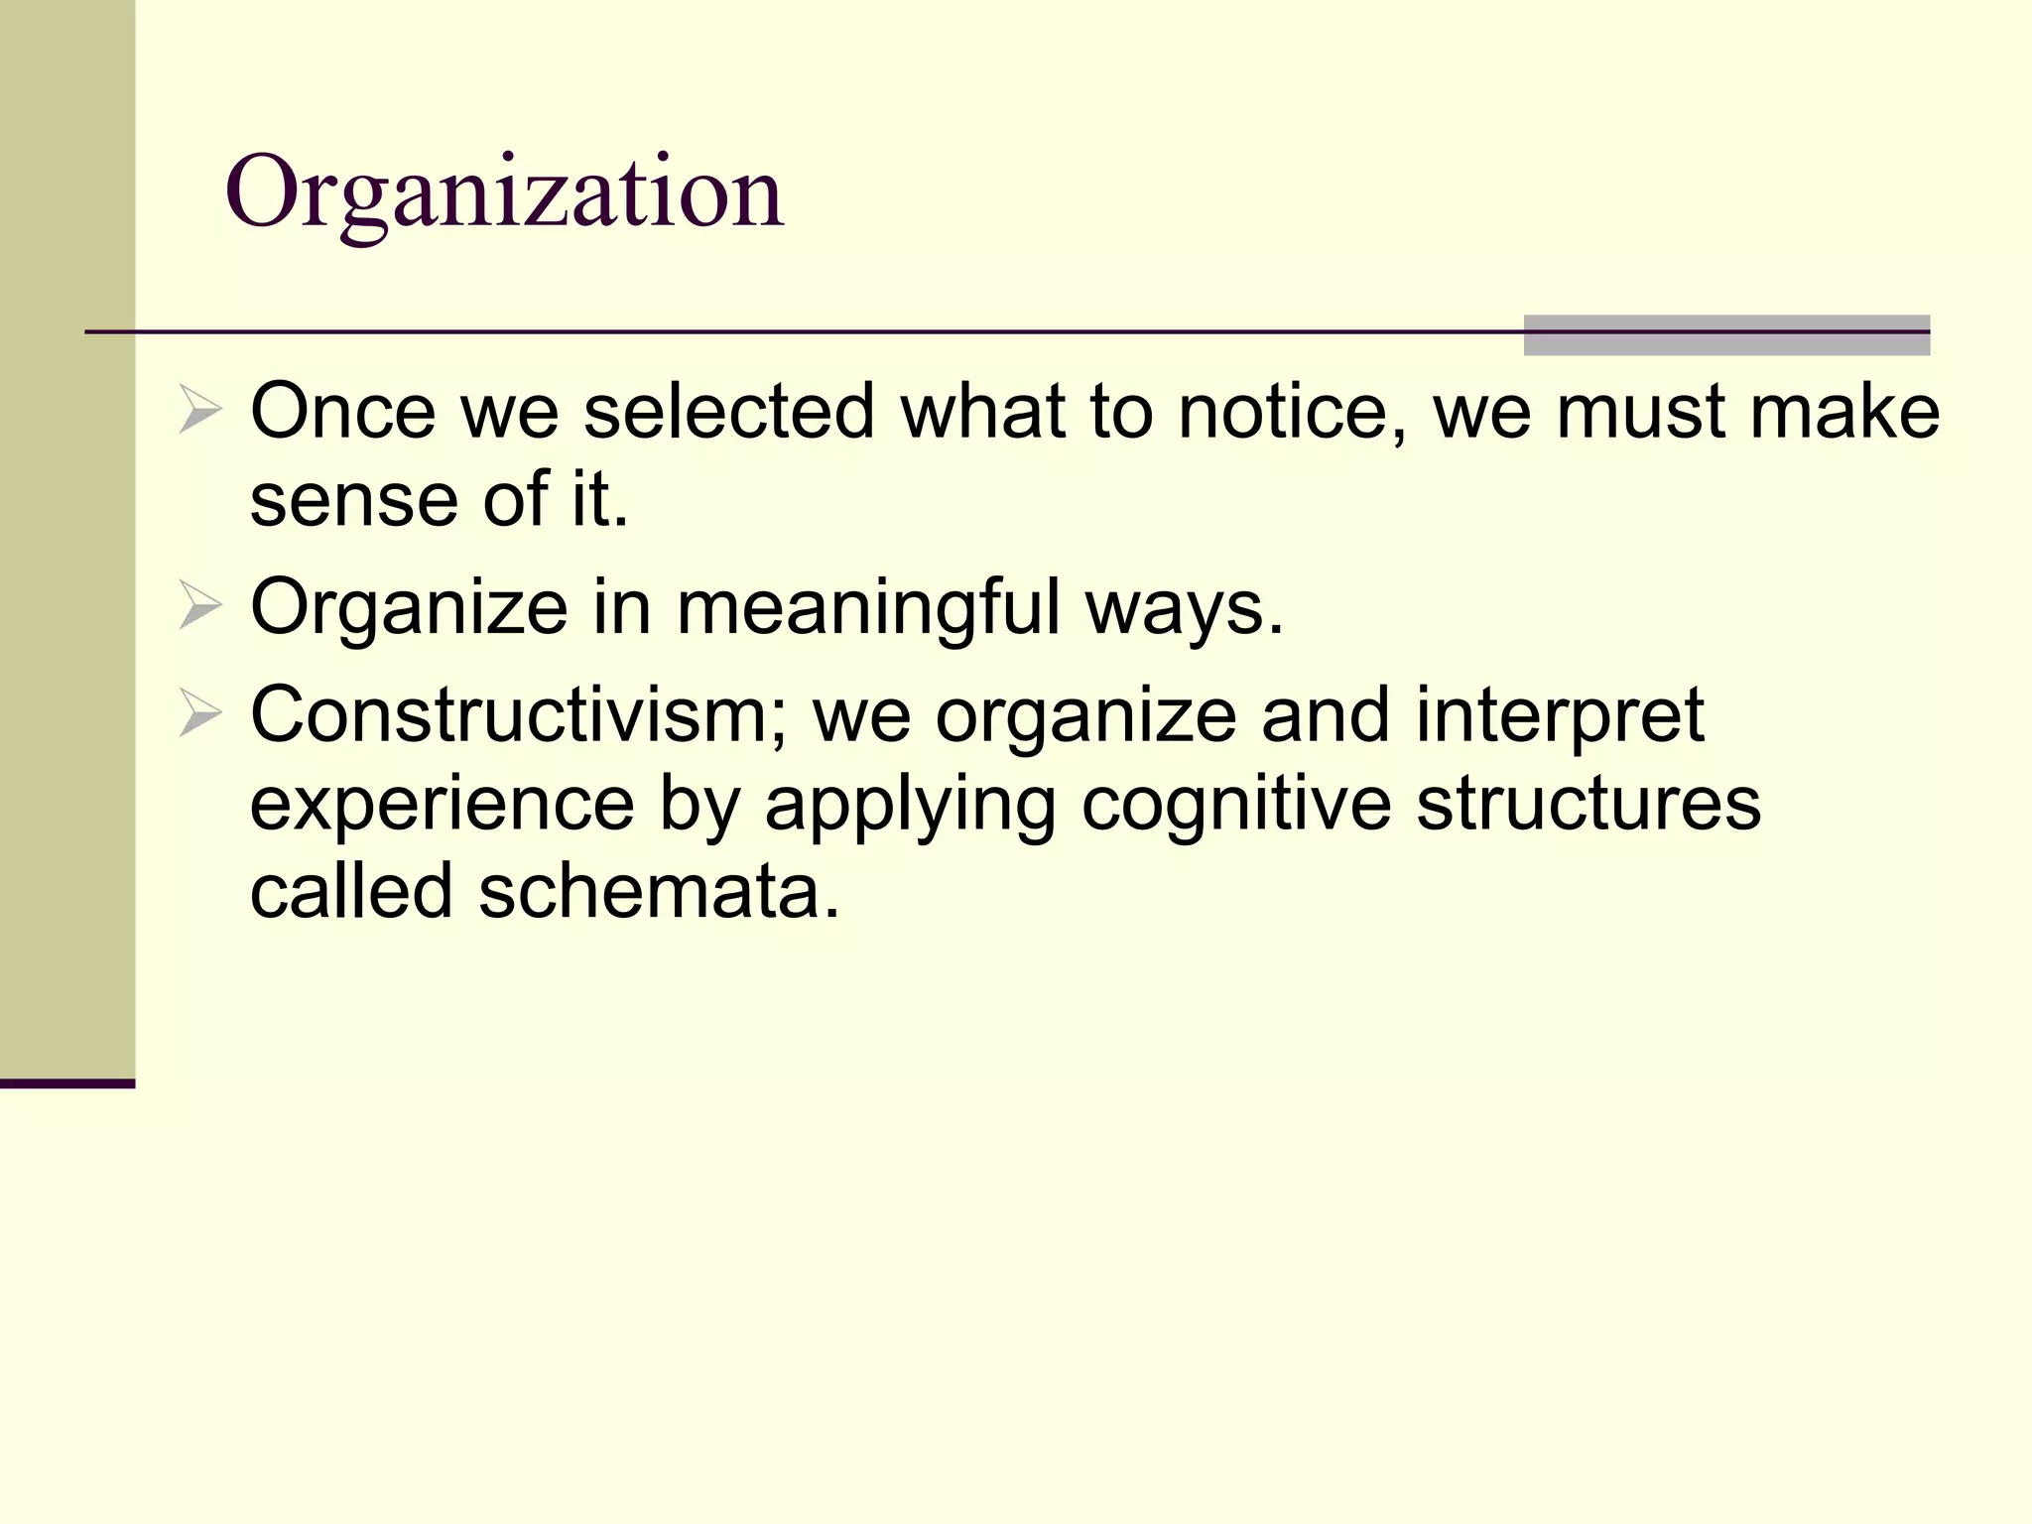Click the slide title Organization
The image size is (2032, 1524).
point(505,192)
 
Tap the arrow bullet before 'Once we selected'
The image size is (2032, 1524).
point(199,411)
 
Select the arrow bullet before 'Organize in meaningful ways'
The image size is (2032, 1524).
point(199,607)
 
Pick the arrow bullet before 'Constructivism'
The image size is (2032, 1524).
point(199,714)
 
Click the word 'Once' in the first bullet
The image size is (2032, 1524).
point(342,411)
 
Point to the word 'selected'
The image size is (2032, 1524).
point(728,411)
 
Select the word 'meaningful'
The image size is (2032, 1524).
point(868,607)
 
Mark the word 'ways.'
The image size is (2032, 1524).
point(1185,607)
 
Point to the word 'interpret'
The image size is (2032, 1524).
point(1560,714)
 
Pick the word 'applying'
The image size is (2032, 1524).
point(910,804)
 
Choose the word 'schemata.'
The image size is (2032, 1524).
point(660,890)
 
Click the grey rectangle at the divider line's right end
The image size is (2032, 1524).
point(1726,335)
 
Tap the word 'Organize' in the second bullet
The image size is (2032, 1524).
point(409,607)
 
